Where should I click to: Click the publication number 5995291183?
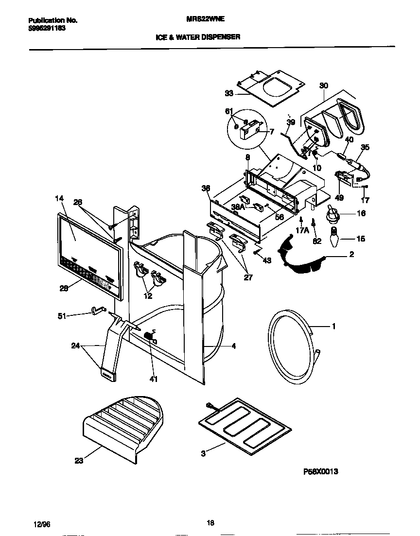point(47,28)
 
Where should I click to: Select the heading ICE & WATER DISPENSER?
point(197,36)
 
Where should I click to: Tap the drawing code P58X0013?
point(320,471)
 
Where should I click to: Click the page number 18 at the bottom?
point(210,523)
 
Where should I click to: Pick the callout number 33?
point(229,93)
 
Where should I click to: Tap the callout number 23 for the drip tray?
point(79,461)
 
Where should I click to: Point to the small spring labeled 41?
point(149,337)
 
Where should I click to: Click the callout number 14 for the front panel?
point(59,198)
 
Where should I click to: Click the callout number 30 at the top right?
point(324,86)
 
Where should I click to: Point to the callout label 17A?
point(303,231)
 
